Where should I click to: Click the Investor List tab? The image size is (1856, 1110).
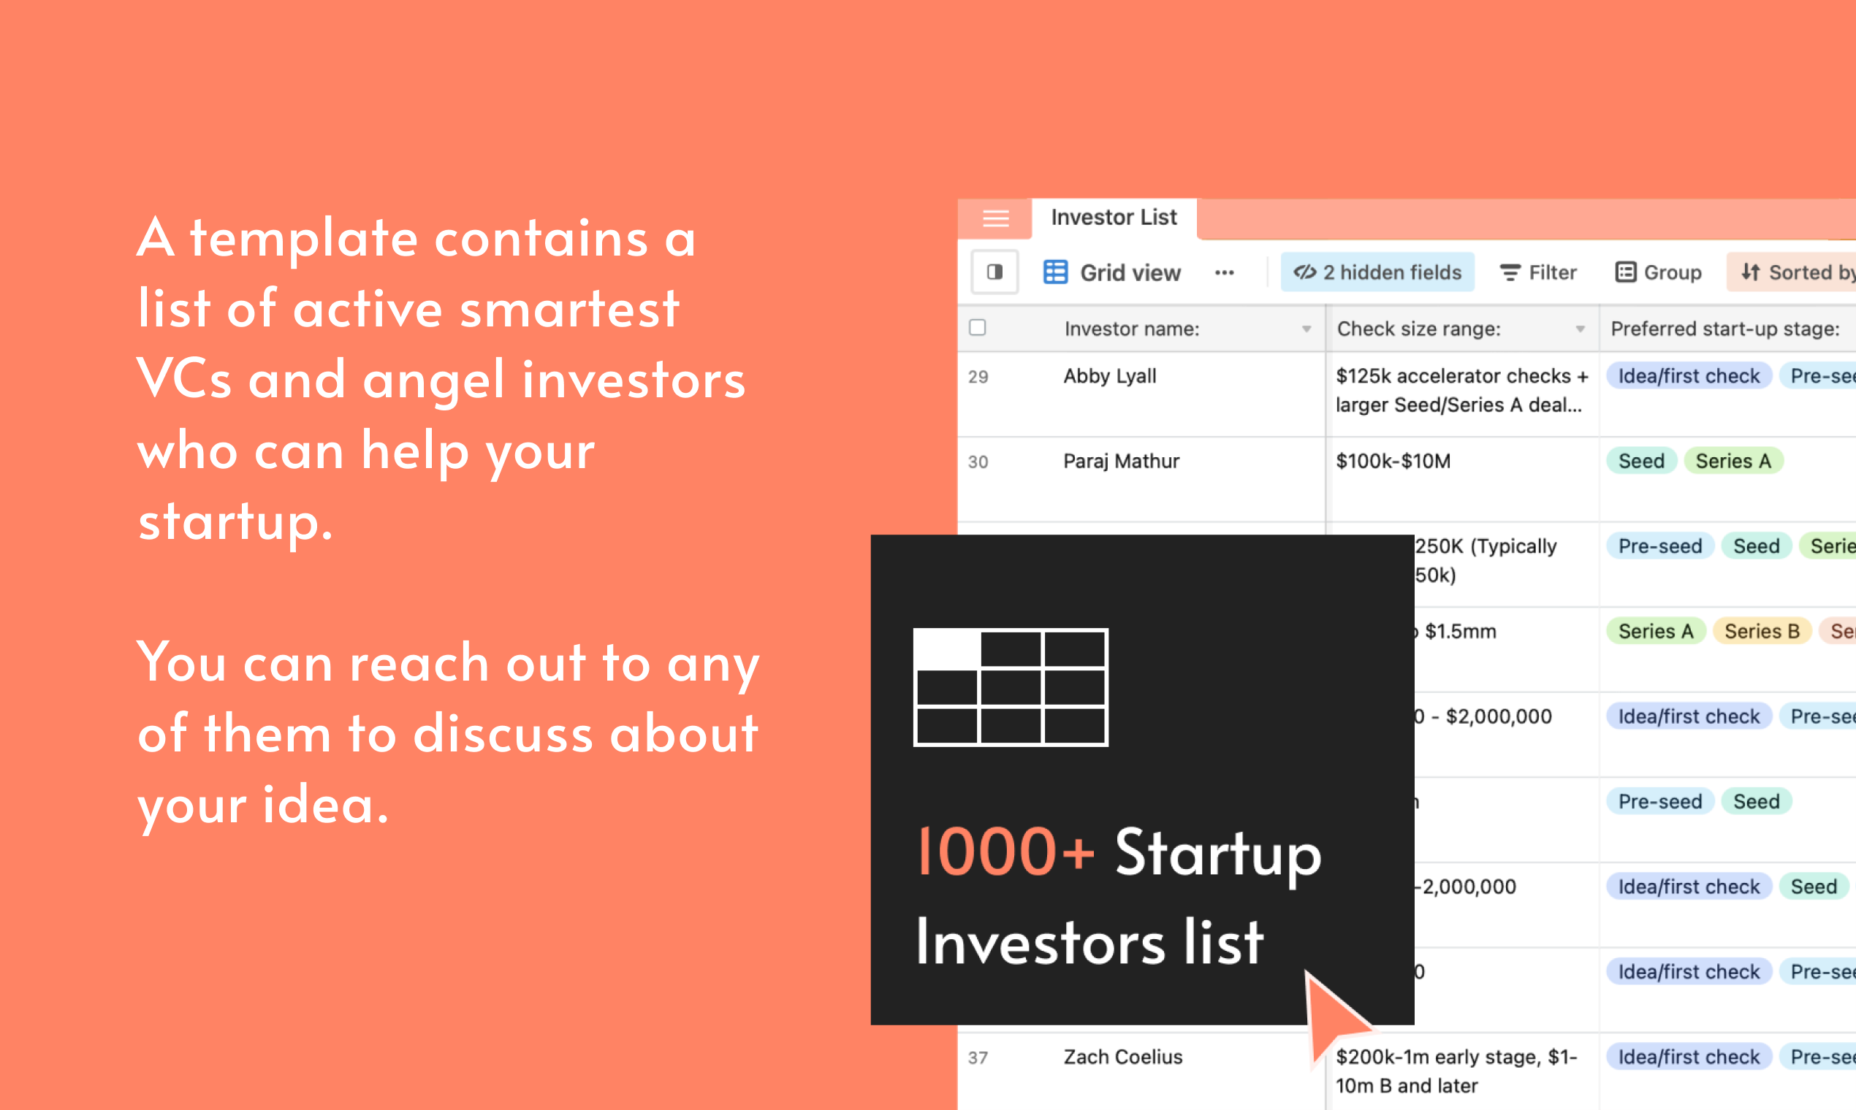tap(1114, 218)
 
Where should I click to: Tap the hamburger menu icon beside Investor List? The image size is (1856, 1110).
tap(995, 218)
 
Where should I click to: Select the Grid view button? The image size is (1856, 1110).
tap(1113, 272)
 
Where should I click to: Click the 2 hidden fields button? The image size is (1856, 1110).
tap(1377, 272)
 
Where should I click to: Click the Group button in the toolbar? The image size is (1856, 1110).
tap(1659, 272)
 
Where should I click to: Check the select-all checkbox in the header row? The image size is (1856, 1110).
tap(978, 328)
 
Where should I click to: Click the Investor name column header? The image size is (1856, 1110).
tap(1132, 329)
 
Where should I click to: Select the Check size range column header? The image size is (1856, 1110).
tap(1419, 329)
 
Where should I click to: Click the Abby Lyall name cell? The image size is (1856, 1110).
tap(1110, 376)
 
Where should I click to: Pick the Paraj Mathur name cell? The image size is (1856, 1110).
tap(1121, 462)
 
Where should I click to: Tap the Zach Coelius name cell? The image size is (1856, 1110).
tap(1122, 1057)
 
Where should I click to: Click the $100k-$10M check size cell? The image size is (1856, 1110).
tap(1393, 462)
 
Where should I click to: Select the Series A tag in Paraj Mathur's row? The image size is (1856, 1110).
tap(1733, 462)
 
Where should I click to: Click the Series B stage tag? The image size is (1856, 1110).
tap(1762, 631)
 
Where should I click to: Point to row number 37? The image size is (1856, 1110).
tap(978, 1057)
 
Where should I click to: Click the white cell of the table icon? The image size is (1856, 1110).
tap(948, 649)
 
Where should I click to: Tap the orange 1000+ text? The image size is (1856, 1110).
tap(1005, 852)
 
